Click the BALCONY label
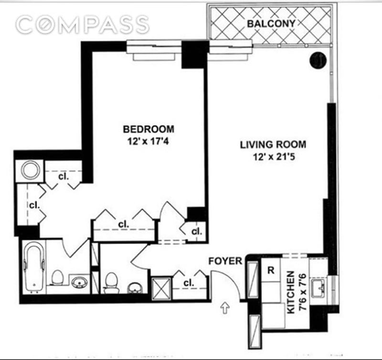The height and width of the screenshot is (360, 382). (271, 23)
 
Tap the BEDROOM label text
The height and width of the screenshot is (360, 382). (149, 129)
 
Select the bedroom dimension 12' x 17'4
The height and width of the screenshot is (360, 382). (148, 141)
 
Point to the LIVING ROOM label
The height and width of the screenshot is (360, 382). (273, 145)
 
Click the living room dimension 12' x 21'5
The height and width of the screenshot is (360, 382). (274, 157)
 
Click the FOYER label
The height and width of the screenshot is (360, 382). (225, 261)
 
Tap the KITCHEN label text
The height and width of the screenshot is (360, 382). (291, 293)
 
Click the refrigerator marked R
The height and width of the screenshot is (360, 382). (271, 270)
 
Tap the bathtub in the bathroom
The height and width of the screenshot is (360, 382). (34, 267)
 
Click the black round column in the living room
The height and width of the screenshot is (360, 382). (318, 60)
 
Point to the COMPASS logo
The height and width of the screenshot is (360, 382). (82, 24)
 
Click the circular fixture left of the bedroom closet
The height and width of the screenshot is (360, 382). (30, 170)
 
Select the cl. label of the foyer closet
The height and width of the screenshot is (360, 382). (189, 283)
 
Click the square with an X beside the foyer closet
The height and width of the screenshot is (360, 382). (161, 288)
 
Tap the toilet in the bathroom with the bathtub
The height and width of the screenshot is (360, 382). (57, 278)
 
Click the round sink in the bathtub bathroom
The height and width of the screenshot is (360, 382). (80, 282)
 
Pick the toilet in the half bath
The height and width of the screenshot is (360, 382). (111, 283)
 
